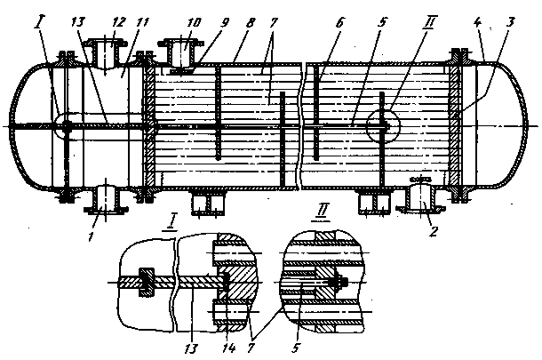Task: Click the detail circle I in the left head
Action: point(65,124)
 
